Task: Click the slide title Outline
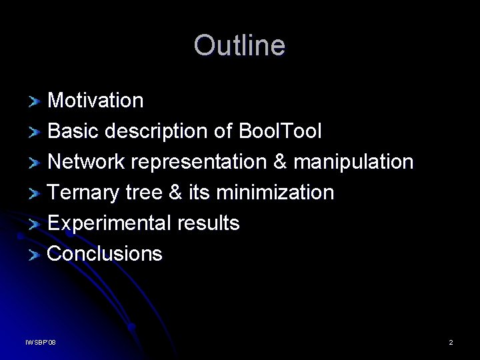pyautogui.click(x=239, y=46)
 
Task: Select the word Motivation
pyautogui.click(x=95, y=101)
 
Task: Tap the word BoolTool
pyautogui.click(x=279, y=131)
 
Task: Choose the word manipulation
pyautogui.click(x=353, y=162)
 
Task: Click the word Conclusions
pyautogui.click(x=105, y=254)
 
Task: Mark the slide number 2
pyautogui.click(x=451, y=343)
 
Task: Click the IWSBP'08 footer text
pyautogui.click(x=41, y=343)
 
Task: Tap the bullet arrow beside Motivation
pyautogui.click(x=35, y=102)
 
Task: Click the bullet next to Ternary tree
pyautogui.click(x=35, y=194)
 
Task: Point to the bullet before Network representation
pyautogui.click(x=35, y=163)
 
